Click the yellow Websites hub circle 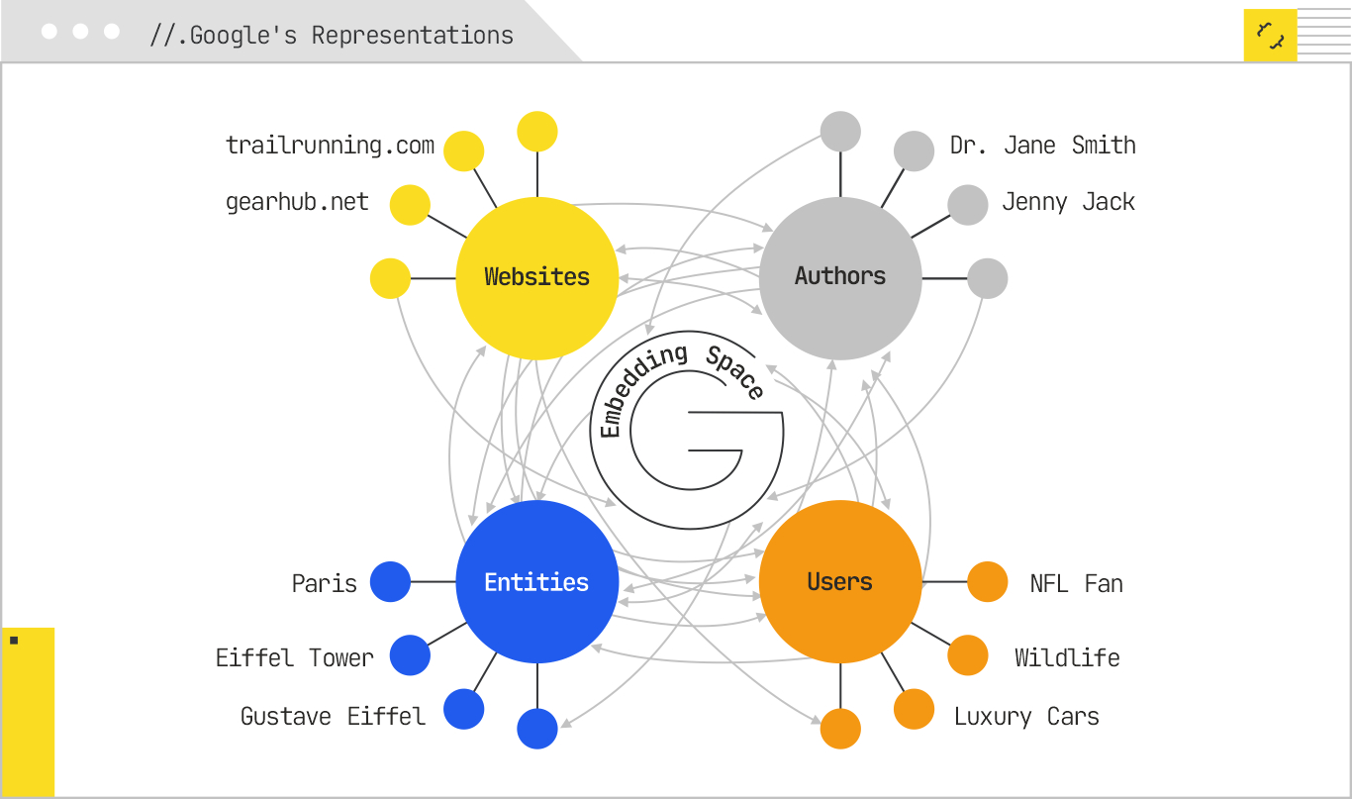point(536,277)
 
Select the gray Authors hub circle point(840,277)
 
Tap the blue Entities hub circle point(536,582)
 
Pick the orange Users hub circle point(840,582)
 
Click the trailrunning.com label point(330,146)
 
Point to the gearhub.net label point(297,203)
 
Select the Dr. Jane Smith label point(1042,146)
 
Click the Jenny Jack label point(1068,203)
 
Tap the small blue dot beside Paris point(390,582)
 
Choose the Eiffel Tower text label point(294,658)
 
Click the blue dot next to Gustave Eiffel point(463,709)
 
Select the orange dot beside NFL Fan point(987,582)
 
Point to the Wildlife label point(1067,658)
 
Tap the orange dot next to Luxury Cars point(914,709)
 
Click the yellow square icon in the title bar point(1270,36)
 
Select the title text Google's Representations point(332,36)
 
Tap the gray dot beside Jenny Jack point(967,205)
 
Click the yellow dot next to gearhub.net point(410,205)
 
